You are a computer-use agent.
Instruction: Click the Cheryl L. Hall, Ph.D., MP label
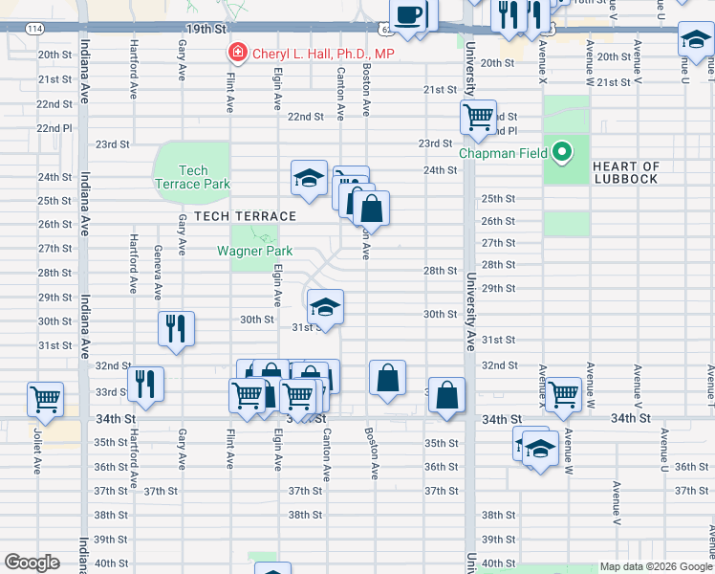[322, 54]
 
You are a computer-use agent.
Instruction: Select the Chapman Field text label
[505, 153]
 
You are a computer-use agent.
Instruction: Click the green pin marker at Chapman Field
[564, 151]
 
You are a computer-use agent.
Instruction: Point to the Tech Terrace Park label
[192, 177]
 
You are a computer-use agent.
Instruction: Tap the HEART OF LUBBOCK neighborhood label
[626, 173]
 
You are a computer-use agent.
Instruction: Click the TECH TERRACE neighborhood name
[245, 216]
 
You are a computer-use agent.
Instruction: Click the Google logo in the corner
[32, 563]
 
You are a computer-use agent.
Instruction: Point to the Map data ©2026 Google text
[655, 566]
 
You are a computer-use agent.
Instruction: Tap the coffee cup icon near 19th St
[409, 15]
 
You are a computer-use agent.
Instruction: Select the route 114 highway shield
[33, 30]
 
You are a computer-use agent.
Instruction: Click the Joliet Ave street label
[38, 451]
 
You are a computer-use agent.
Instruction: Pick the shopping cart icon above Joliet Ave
[45, 398]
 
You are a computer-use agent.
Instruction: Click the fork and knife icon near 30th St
[177, 327]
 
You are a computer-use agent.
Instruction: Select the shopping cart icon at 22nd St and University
[478, 118]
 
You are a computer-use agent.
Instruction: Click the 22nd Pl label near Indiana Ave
[54, 128]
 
